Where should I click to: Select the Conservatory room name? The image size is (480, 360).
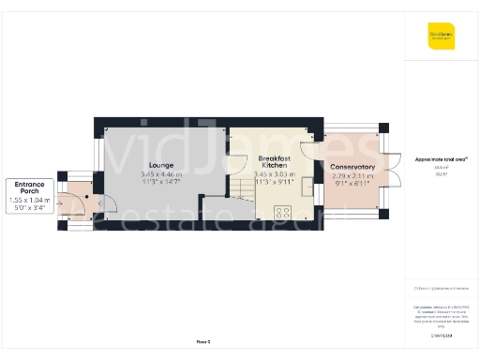[x=353, y=167]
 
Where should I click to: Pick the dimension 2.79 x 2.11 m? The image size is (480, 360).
[x=353, y=175]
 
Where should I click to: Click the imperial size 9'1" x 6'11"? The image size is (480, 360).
[x=353, y=183]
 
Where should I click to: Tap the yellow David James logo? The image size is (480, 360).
[x=441, y=38]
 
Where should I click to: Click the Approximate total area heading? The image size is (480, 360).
[x=441, y=159]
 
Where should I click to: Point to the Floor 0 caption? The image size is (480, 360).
[x=203, y=341]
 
